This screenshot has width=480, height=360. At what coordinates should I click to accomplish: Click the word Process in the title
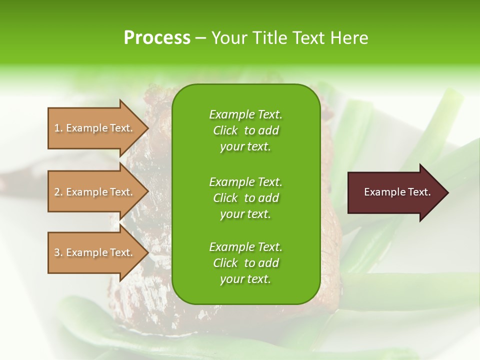coord(157,38)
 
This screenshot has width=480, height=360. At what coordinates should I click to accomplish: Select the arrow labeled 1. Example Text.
coord(95,128)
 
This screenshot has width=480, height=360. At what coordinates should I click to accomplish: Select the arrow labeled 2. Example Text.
coord(95,192)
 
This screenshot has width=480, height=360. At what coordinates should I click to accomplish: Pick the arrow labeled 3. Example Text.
coord(95,252)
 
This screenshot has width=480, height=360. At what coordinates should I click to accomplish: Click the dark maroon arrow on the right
coord(395,192)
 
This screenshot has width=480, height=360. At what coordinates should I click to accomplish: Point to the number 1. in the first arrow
coord(58,128)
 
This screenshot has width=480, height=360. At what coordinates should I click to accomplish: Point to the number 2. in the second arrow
coord(58,192)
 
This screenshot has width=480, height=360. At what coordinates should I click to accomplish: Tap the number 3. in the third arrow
coord(58,252)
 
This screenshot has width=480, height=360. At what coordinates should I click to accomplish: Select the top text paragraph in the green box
coord(245,130)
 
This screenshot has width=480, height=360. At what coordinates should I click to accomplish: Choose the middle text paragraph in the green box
coord(245,197)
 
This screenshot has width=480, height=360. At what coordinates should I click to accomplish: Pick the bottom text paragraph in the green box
coord(245,263)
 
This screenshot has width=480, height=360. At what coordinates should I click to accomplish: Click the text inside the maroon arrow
coord(397,192)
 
